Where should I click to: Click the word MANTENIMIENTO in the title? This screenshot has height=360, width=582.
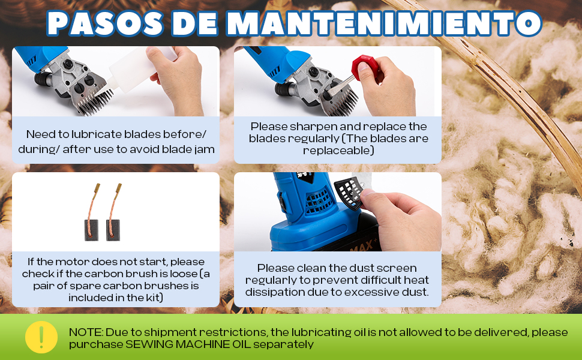click(384, 23)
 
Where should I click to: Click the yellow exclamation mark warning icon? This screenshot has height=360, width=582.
click(41, 337)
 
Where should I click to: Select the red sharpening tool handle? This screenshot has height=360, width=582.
click(365, 67)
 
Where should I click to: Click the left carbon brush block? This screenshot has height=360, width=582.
click(91, 230)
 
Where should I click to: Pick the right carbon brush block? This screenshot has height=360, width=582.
click(113, 230)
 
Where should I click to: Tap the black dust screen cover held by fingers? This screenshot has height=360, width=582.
click(350, 192)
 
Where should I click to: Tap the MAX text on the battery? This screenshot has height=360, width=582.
click(362, 245)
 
